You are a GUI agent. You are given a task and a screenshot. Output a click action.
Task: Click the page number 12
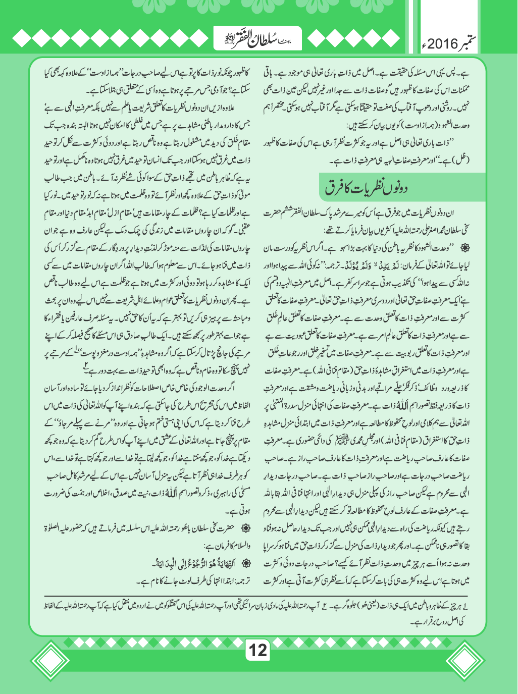pyautogui.click(x=258, y=649)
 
